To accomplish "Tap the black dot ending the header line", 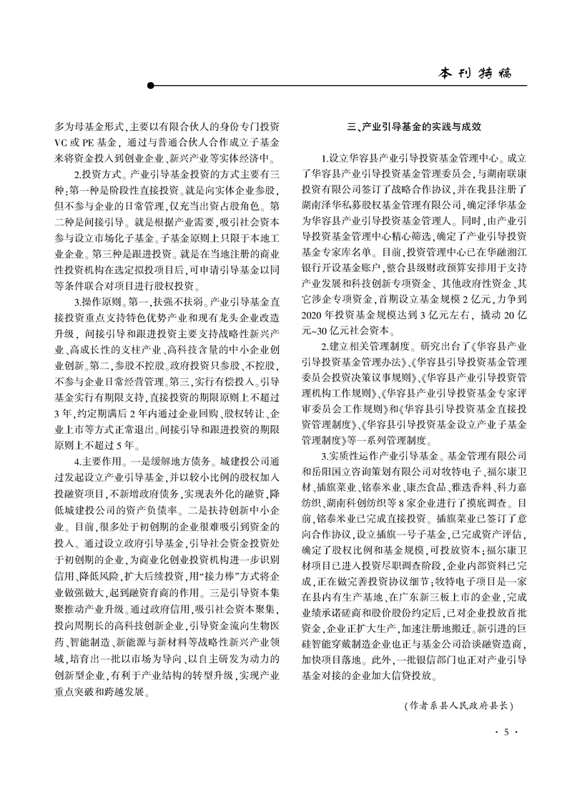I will (x=151, y=86).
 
